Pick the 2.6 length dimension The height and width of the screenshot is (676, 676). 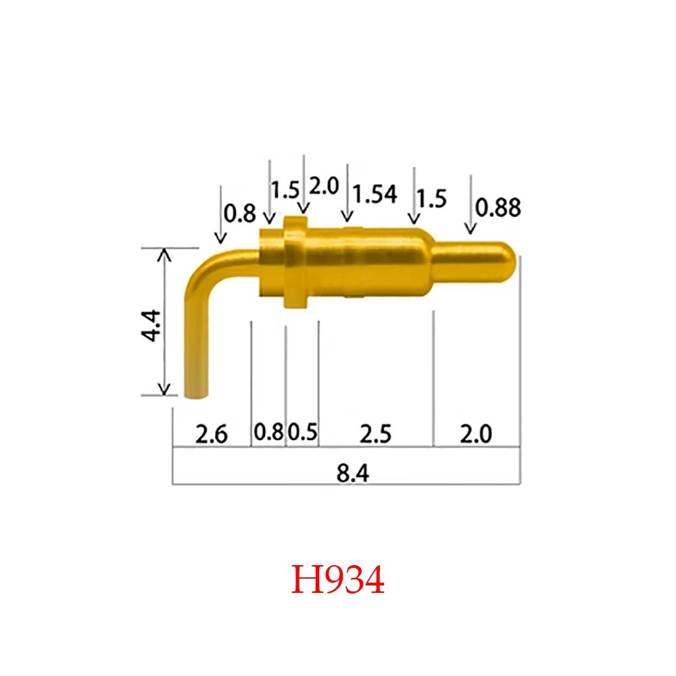tap(211, 433)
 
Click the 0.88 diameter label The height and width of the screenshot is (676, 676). tap(499, 208)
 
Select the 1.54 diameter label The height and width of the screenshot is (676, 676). tap(376, 195)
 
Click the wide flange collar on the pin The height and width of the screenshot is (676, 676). tap(295, 263)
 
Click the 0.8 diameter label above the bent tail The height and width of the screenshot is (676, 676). tap(240, 214)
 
